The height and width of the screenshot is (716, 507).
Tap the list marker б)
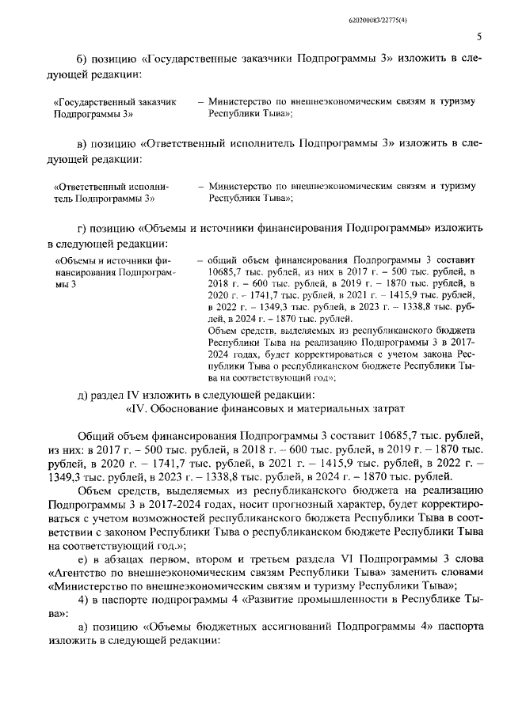[83, 60]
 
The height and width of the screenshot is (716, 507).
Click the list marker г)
[82, 226]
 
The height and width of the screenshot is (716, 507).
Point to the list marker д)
[83, 394]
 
